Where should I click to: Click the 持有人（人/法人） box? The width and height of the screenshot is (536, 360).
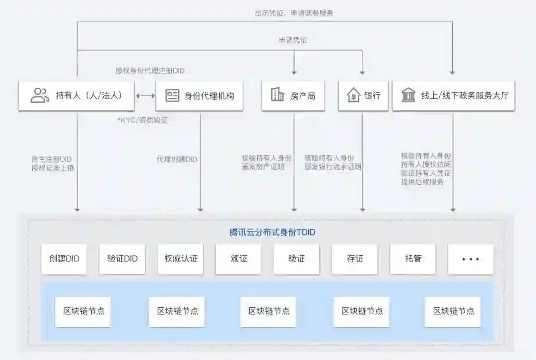[76, 96]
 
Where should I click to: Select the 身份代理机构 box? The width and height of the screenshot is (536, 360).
[200, 96]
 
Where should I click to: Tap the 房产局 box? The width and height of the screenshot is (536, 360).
[293, 96]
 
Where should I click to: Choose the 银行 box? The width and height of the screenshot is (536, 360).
[363, 96]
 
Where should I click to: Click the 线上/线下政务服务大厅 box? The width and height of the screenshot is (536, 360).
[453, 96]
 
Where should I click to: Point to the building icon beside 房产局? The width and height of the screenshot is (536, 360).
[277, 95]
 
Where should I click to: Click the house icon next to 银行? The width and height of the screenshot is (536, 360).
[353, 95]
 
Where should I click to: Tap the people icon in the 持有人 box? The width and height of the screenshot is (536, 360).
[40, 95]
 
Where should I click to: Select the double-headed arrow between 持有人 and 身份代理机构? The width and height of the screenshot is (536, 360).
[145, 96]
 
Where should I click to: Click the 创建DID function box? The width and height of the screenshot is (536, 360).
[64, 259]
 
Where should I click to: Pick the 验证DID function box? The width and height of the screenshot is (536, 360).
[122, 259]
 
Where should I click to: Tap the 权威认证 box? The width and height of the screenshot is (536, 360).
[181, 259]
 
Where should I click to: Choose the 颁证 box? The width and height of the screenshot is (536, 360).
[238, 259]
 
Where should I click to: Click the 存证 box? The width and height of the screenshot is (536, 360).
[355, 259]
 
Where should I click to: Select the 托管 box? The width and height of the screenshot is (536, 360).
[413, 259]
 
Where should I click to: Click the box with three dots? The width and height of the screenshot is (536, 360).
[470, 259]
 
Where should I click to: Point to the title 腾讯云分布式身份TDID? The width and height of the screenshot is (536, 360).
[272, 232]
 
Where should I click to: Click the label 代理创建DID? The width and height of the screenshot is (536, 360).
[177, 159]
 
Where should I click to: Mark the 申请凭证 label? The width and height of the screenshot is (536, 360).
[293, 40]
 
